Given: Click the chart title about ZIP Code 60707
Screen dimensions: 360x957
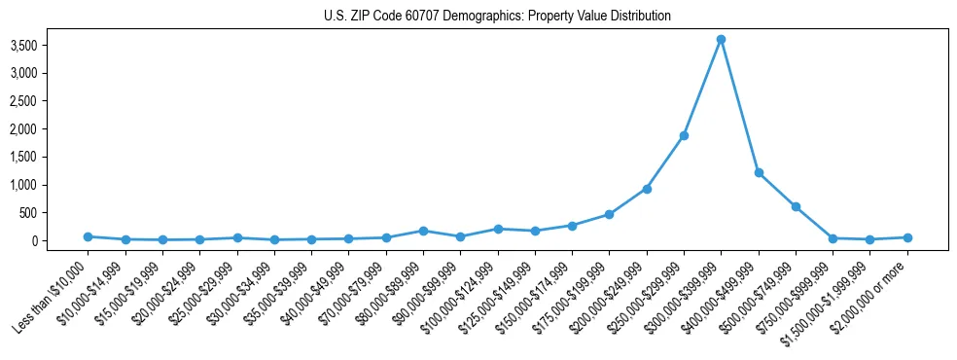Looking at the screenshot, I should [497, 17].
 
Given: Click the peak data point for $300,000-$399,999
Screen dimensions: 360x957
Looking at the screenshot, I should [721, 40].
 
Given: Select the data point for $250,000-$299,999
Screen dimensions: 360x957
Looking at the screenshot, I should [684, 135].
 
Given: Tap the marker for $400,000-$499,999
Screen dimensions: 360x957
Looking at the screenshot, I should [759, 172].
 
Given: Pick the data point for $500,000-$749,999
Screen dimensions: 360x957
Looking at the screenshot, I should [796, 206].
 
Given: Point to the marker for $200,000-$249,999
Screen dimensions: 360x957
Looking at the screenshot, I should [647, 189].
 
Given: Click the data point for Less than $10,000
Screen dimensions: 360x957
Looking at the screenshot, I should [88, 236].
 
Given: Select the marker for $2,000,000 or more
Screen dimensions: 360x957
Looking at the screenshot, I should [907, 237].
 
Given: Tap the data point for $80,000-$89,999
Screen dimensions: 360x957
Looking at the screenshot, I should [423, 231].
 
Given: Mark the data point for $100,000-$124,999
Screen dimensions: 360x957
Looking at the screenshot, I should [498, 229].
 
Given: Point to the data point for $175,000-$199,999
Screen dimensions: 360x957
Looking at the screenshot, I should [609, 214].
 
